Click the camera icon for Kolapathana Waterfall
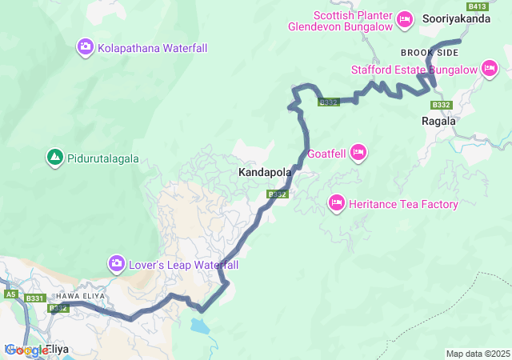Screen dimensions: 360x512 (85, 48)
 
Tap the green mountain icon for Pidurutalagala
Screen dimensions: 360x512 (54, 158)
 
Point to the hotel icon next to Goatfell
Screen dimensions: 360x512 (358, 152)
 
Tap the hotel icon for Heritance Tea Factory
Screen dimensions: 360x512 (336, 204)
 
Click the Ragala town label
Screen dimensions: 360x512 (438, 122)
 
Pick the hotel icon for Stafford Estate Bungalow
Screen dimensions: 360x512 (490, 70)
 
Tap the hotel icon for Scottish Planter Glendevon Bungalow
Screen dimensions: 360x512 (404, 18)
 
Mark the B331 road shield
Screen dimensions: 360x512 (35, 298)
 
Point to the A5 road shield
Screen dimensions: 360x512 (10, 294)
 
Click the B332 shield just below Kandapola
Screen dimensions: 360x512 (277, 194)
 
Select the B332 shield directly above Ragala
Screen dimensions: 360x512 (441, 105)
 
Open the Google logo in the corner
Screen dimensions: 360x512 (26, 350)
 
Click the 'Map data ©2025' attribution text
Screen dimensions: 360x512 (477, 354)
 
